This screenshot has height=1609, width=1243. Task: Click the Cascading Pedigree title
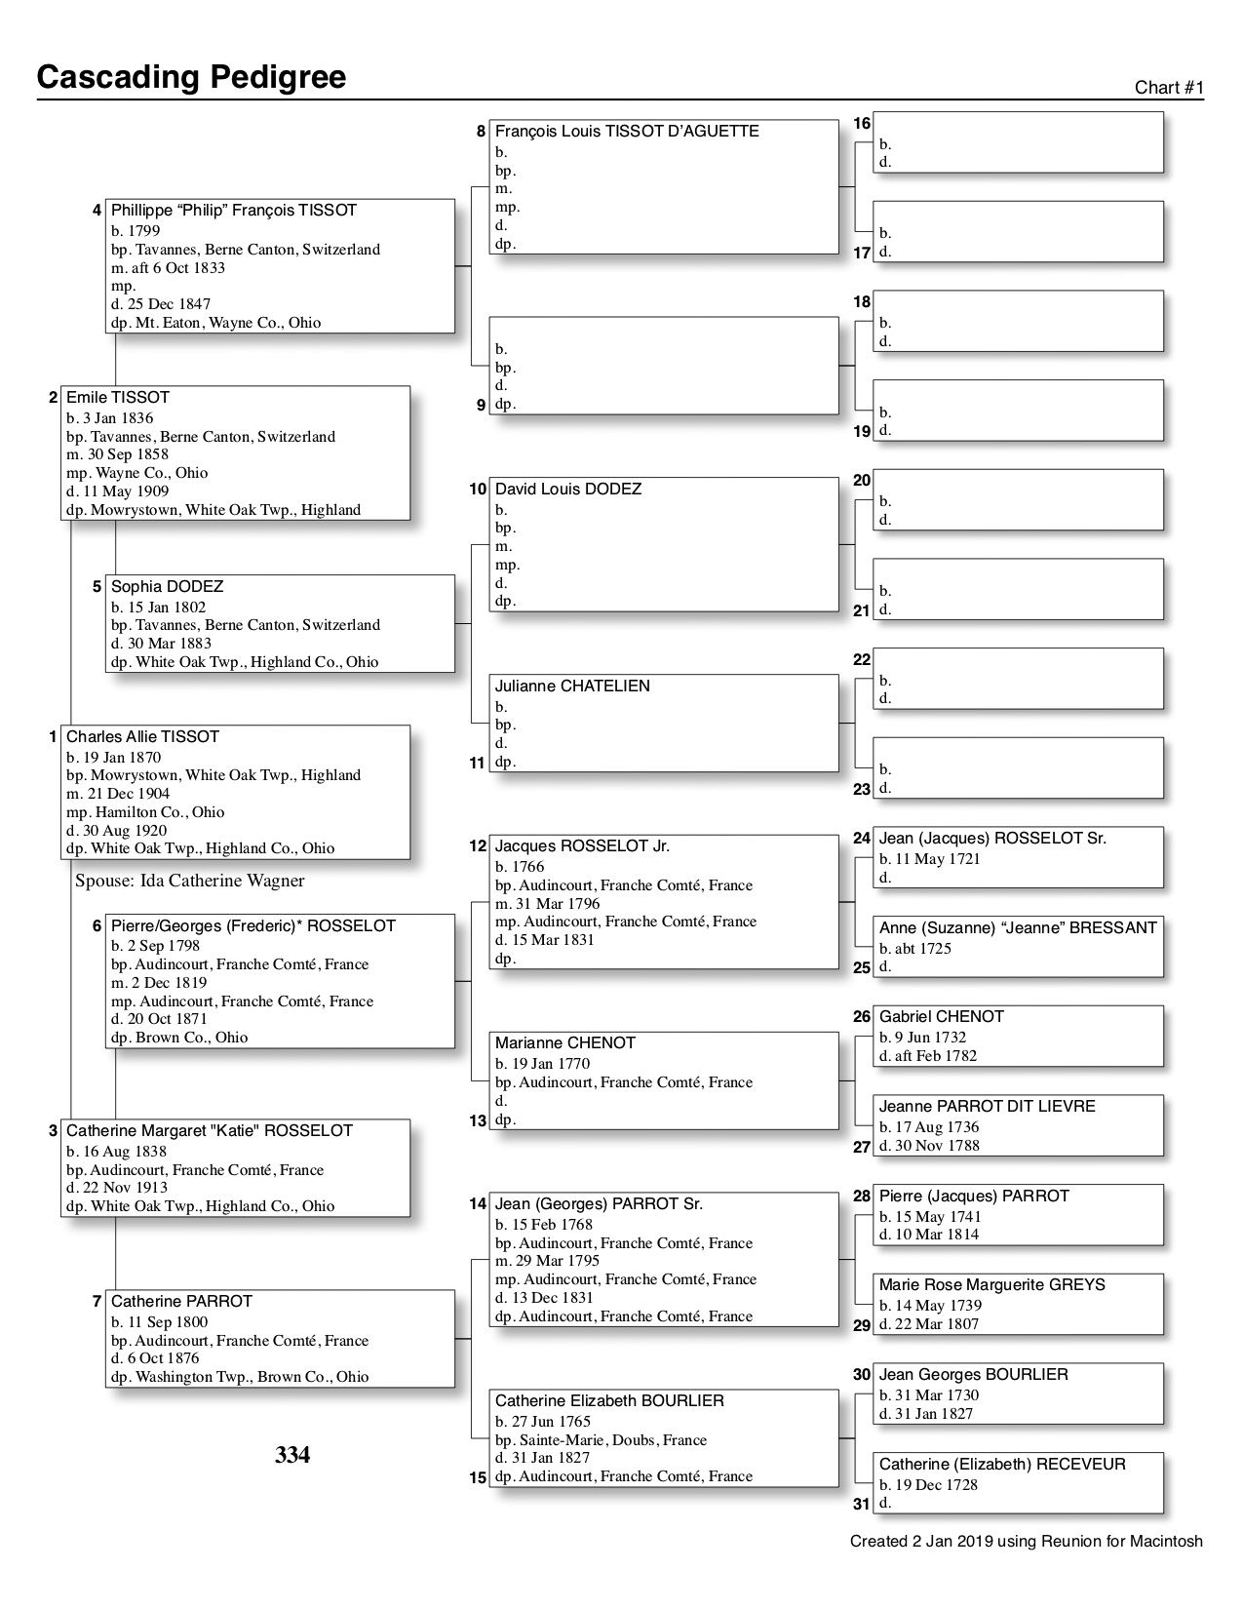(191, 77)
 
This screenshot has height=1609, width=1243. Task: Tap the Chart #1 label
(1169, 88)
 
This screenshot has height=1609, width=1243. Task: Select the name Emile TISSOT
(118, 398)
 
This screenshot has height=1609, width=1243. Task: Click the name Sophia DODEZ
(167, 587)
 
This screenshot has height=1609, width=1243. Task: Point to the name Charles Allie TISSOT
(142, 737)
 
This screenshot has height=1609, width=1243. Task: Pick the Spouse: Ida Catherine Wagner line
(190, 882)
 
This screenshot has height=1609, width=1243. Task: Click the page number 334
(292, 1456)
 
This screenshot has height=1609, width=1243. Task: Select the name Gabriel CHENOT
(941, 1017)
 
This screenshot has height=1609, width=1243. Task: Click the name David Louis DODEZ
(568, 490)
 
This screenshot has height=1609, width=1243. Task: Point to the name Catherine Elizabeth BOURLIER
(609, 1401)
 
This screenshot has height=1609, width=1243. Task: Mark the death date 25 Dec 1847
(161, 304)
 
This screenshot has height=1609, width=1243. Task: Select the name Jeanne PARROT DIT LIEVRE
(987, 1107)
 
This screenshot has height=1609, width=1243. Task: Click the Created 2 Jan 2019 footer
(1026, 1542)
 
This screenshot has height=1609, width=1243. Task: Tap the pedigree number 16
(862, 124)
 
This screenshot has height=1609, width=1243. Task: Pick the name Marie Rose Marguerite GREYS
(991, 1285)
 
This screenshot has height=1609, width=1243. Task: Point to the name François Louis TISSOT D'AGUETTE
(627, 132)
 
